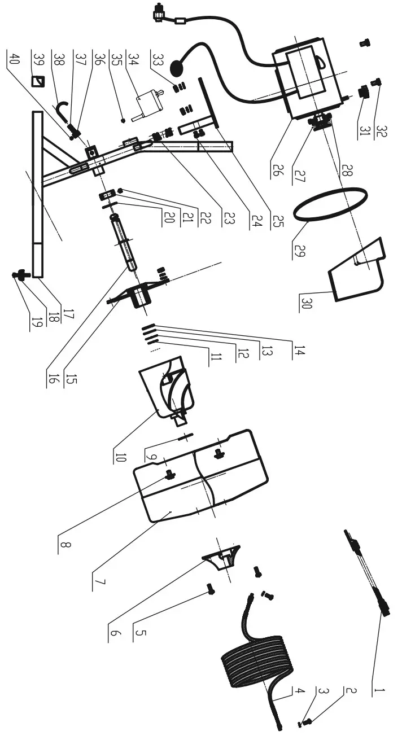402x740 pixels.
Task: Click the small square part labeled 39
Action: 38,81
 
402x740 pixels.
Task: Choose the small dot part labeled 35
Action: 122,120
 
